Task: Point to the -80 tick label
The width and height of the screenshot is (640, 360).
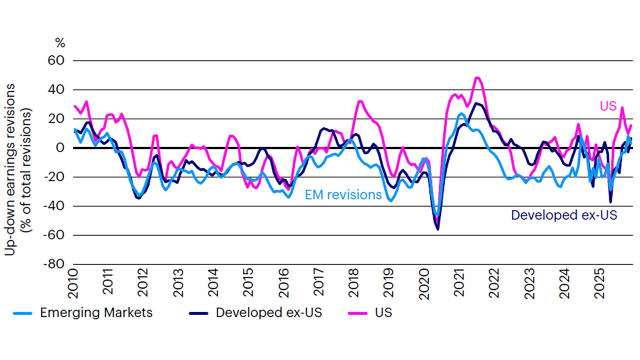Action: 57,263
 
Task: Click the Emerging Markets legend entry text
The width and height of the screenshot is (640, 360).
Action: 96,313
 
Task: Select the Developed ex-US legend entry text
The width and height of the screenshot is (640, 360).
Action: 269,313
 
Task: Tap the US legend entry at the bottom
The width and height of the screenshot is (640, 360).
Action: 383,313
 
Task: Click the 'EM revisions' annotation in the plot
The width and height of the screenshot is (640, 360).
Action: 343,195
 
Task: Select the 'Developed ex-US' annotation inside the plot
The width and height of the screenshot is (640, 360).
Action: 564,215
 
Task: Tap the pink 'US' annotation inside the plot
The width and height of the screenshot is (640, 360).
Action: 608,106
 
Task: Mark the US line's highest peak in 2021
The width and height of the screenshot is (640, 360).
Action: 477,77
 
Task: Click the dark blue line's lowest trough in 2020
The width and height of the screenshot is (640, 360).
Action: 438,229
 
